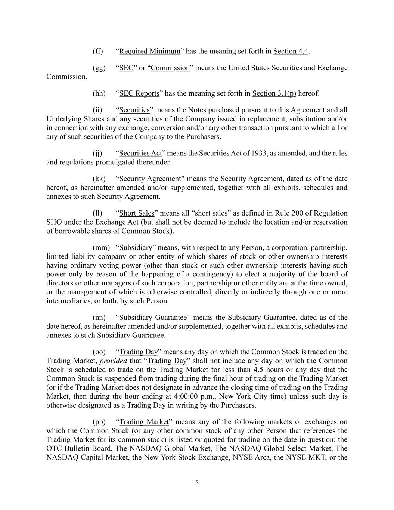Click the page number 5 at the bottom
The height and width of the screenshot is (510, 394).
(x=197, y=483)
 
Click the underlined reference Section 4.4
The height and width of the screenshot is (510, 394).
(x=291, y=51)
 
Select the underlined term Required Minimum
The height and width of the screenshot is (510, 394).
(x=149, y=51)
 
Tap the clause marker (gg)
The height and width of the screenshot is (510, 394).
(x=99, y=68)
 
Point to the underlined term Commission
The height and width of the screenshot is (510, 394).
(x=170, y=68)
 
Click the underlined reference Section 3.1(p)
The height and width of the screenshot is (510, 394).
(x=274, y=93)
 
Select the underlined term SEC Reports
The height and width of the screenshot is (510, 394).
(x=139, y=93)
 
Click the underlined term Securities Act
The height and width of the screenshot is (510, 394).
(x=140, y=153)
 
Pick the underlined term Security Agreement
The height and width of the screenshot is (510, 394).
(x=150, y=179)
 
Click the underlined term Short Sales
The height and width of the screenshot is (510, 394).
(x=137, y=213)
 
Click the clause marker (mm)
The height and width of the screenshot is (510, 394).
(x=101, y=247)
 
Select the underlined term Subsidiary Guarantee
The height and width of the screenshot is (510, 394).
(x=153, y=317)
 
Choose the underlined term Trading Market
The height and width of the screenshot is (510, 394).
(x=144, y=421)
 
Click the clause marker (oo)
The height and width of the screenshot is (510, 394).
(x=99, y=352)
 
